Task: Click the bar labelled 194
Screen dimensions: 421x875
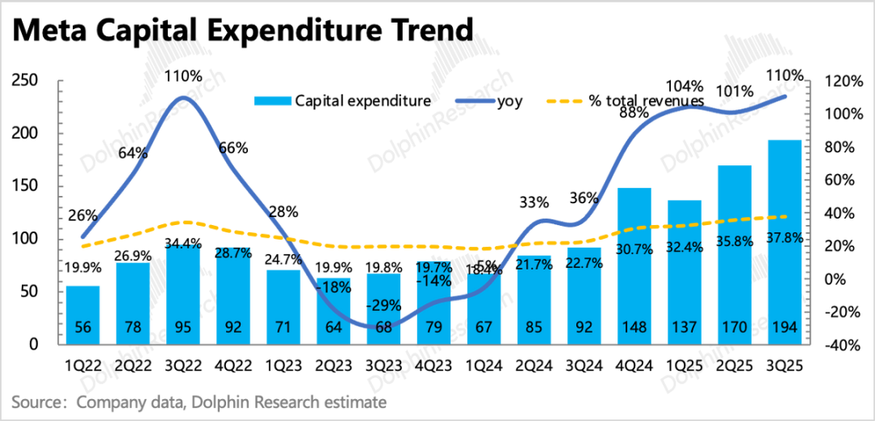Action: [784, 243]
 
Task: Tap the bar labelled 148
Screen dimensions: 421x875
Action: [634, 267]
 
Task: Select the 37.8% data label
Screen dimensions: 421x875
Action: [785, 238]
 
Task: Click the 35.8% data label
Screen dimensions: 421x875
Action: [735, 241]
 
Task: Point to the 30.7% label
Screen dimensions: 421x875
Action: [634, 249]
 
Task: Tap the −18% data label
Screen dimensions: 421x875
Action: [333, 287]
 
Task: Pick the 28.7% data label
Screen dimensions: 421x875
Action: [233, 253]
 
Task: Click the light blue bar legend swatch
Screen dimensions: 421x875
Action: [272, 100]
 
